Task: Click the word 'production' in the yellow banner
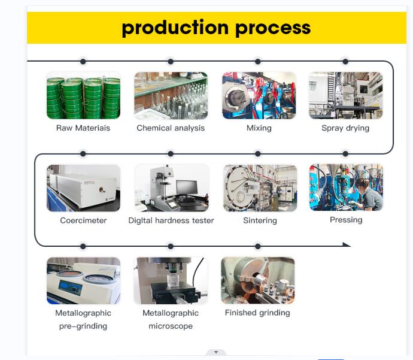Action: click(175, 28)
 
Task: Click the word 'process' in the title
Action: click(273, 29)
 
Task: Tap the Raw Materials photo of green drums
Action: click(83, 95)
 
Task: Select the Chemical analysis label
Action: click(171, 128)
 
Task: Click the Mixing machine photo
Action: click(259, 95)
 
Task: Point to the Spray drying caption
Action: click(345, 128)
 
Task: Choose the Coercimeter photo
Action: click(83, 188)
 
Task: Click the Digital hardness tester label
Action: click(171, 220)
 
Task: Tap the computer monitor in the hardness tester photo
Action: click(187, 187)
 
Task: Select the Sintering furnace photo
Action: click(260, 188)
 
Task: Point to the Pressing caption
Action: click(346, 220)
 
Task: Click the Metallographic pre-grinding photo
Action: click(83, 281)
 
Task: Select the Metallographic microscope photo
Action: click(171, 281)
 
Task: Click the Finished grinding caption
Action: click(257, 313)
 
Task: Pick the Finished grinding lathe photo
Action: click(258, 281)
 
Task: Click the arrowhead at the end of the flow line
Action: click(347, 244)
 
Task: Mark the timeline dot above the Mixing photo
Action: click(258, 62)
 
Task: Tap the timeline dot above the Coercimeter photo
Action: click(83, 154)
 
